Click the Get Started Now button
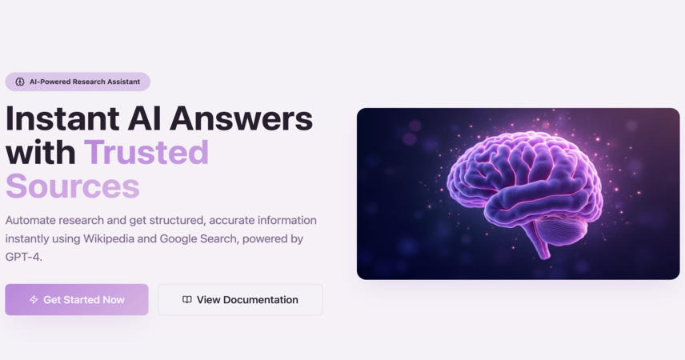[x=77, y=300]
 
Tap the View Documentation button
[x=240, y=300]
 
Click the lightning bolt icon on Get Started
[x=34, y=300]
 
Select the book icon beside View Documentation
[x=187, y=299]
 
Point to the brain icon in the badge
[x=20, y=82]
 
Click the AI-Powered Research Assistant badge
[x=78, y=82]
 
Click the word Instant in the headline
[x=62, y=118]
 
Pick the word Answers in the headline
[x=241, y=118]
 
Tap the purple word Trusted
[x=146, y=153]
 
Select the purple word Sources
[x=73, y=186]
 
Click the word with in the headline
[x=41, y=153]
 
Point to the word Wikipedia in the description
[x=109, y=238]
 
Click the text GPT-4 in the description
[x=23, y=257]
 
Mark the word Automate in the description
[x=30, y=220]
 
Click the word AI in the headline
[x=144, y=118]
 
